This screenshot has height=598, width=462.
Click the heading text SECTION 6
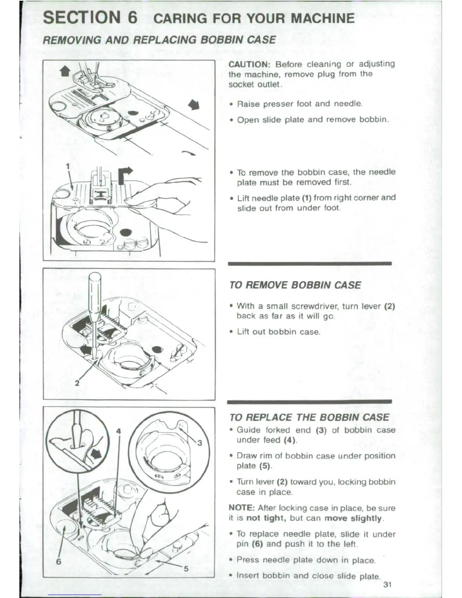pyautogui.click(x=90, y=18)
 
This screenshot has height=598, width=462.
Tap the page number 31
pyautogui.click(x=387, y=585)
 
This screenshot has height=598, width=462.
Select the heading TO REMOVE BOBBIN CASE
pyautogui.click(x=295, y=285)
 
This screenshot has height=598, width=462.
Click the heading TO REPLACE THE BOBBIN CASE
pyautogui.click(x=309, y=417)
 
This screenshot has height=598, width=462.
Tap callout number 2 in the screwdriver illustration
pyautogui.click(x=77, y=383)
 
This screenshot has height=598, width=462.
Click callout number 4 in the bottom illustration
pyautogui.click(x=119, y=431)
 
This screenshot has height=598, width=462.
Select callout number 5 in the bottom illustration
pyautogui.click(x=186, y=569)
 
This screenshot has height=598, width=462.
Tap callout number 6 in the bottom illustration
pyautogui.click(x=59, y=561)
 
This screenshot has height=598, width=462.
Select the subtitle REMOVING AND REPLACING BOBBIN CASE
pyautogui.click(x=159, y=40)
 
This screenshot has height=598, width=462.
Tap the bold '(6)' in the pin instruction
pyautogui.click(x=258, y=544)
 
